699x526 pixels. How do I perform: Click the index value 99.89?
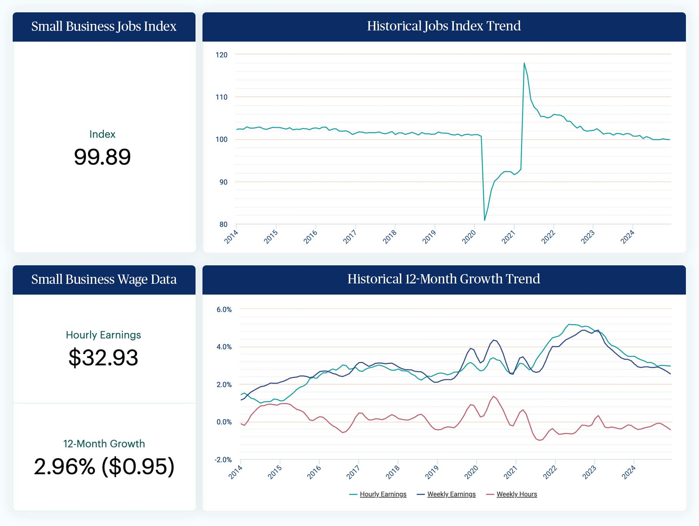102,157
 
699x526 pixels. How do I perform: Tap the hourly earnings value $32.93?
103,357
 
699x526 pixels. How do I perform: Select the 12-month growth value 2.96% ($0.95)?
104,466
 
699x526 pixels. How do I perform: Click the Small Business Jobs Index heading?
104,27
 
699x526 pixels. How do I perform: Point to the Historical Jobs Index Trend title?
444,26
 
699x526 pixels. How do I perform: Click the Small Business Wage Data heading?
104,280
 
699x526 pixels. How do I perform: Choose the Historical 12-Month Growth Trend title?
444,279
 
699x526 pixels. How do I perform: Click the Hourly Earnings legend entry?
383,494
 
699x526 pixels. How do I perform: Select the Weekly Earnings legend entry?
451,494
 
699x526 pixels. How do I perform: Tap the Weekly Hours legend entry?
517,494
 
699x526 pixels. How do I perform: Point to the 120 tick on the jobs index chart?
221,55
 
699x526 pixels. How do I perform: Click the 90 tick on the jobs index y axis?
223,182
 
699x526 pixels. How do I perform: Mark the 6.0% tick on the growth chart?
224,310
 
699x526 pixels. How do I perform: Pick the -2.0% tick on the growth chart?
223,460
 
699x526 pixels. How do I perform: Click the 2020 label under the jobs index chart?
469,236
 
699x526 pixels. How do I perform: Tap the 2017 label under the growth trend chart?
353,472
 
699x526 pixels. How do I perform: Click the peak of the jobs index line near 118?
524,63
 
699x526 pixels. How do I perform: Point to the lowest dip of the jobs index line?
485,220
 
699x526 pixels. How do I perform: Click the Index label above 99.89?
102,134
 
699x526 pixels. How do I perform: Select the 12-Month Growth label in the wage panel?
104,444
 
